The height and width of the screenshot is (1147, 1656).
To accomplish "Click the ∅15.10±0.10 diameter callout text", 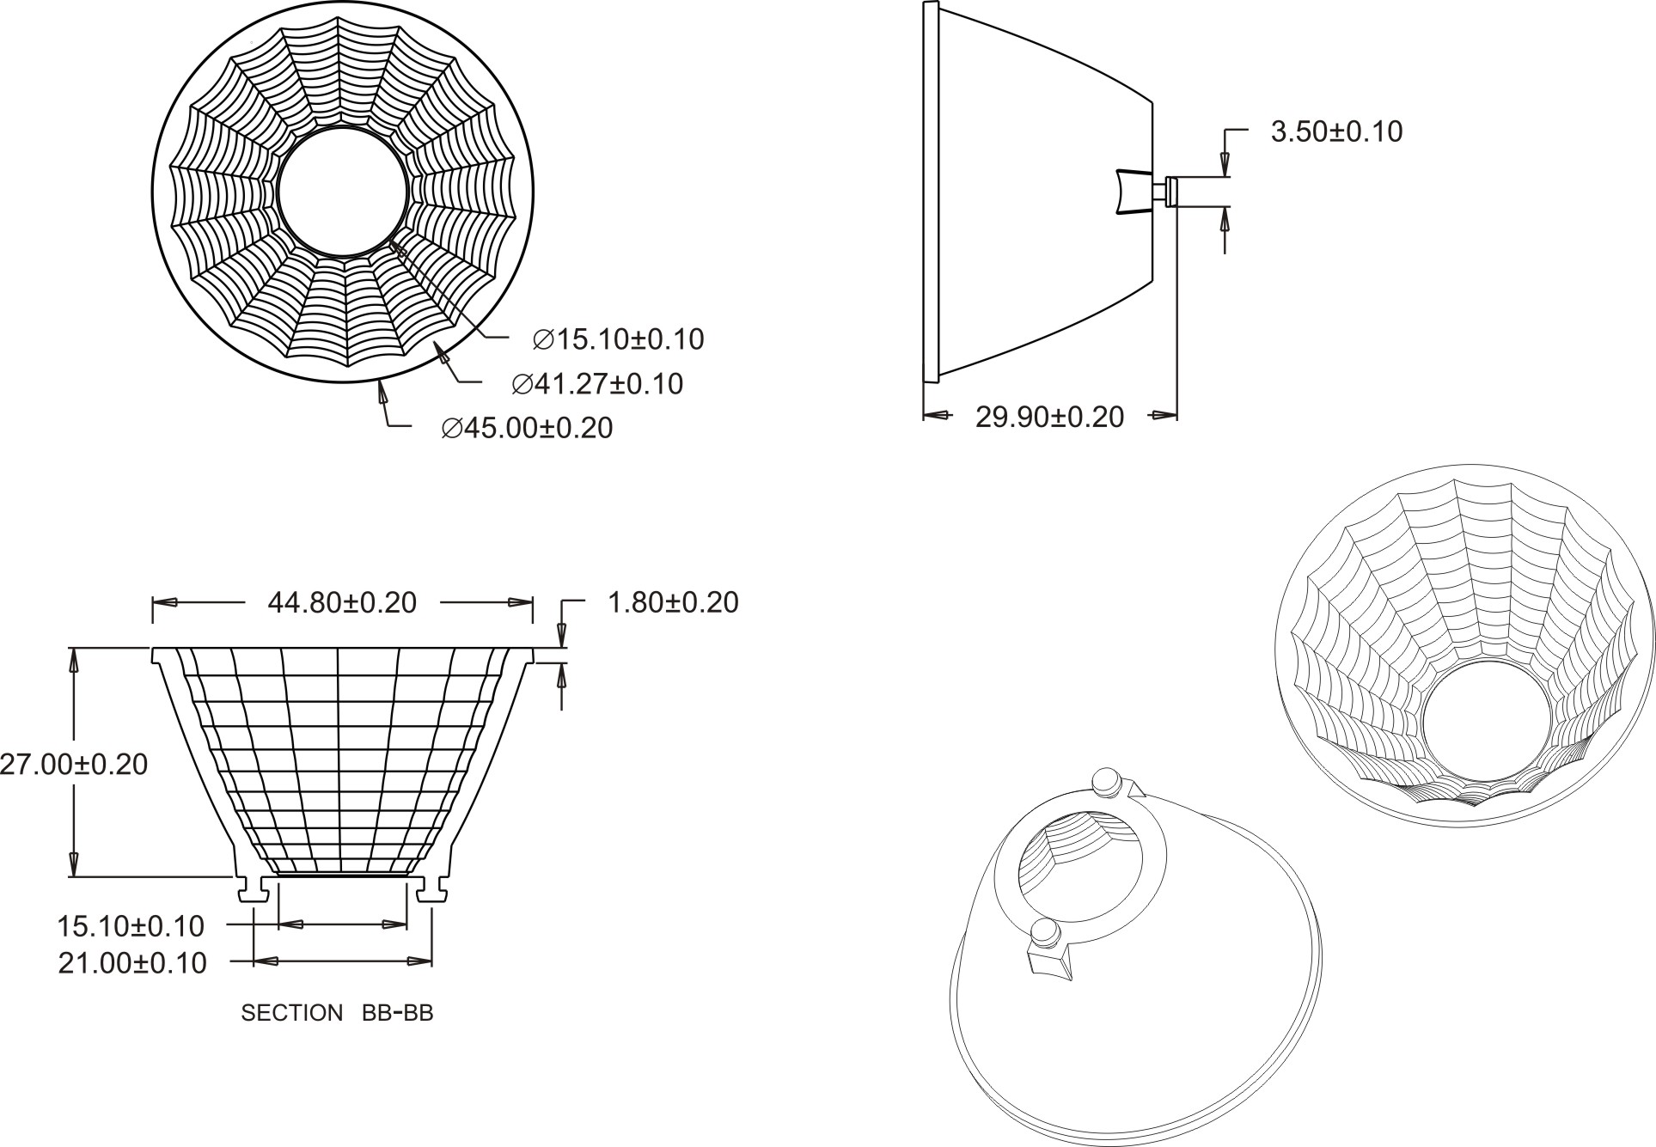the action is coord(618,339).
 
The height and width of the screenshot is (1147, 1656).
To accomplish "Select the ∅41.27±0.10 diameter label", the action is coord(597,383).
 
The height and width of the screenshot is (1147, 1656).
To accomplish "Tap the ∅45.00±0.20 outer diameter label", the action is coord(527,428).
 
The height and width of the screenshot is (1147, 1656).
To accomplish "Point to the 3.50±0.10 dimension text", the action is coord(1336,131).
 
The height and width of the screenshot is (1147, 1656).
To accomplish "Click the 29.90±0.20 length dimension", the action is coord(1049,417).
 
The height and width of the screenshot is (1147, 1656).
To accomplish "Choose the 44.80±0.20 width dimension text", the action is coord(342,602).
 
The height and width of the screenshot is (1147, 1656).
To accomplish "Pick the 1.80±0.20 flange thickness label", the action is coord(673,602).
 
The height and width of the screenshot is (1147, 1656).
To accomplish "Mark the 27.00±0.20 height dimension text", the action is coord(74,764).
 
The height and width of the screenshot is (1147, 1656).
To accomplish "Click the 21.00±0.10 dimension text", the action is coord(132,963).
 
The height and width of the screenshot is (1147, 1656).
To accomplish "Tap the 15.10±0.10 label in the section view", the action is coord(131,926).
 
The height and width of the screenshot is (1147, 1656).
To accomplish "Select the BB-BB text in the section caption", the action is coord(398,1013).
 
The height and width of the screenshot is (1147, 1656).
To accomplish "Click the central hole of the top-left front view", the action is coord(342,192).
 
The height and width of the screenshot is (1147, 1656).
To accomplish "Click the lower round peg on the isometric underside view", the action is coord(1045,931).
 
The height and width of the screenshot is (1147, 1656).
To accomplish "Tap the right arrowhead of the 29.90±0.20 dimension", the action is coord(1164,417).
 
